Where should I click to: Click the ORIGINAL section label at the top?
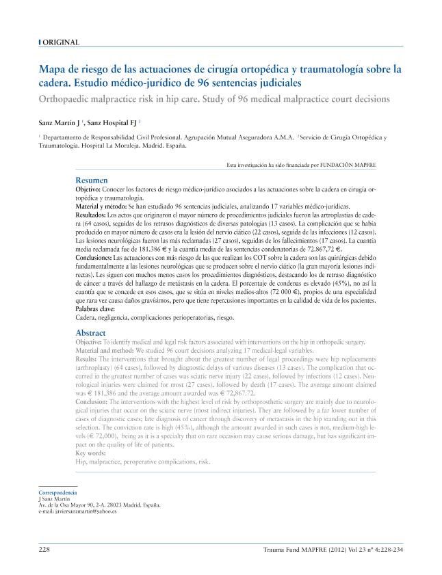point(61,42)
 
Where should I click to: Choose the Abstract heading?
point(90,332)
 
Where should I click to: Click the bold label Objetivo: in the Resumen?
point(88,188)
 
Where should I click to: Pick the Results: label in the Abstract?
point(86,358)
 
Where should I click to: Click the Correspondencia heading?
point(57,493)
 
